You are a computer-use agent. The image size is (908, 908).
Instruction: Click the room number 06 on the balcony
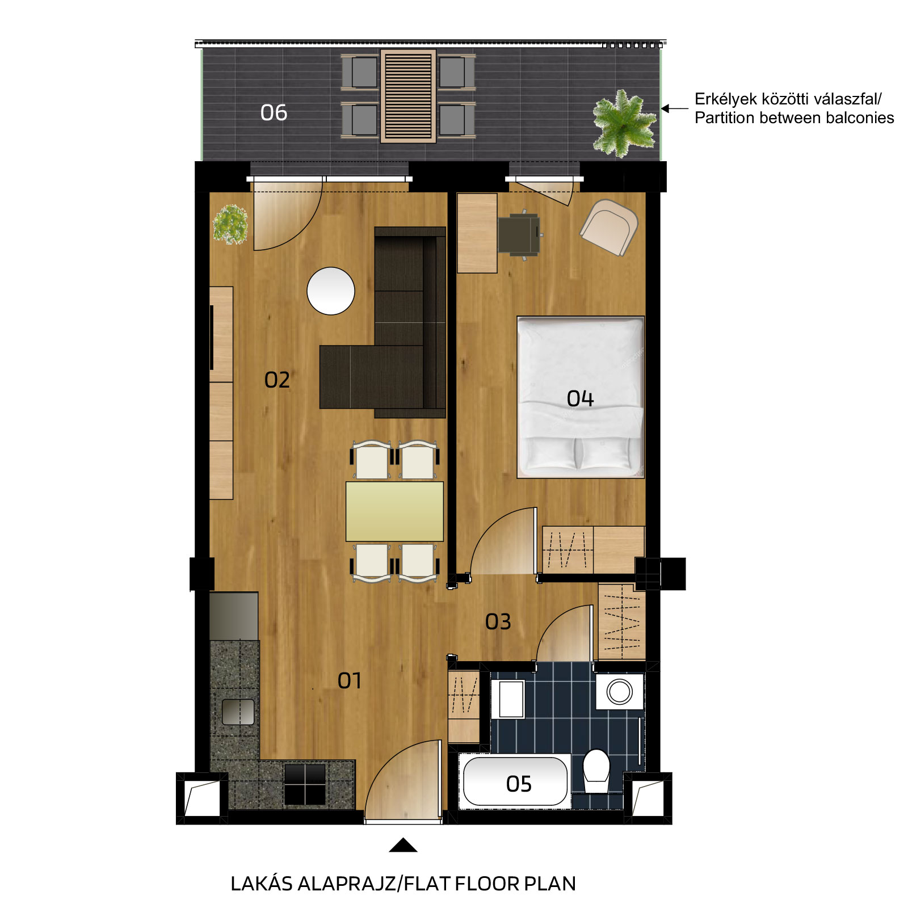[274, 112]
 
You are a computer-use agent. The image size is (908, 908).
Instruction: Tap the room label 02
[277, 380]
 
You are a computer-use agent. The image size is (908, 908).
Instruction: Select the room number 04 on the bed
[580, 398]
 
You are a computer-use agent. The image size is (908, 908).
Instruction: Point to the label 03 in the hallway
[498, 622]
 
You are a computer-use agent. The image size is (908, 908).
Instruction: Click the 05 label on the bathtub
[519, 784]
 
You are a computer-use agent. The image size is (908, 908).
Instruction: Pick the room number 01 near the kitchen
[349, 680]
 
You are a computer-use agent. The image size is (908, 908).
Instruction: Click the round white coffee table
[331, 291]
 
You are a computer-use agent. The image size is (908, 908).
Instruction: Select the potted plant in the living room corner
[230, 225]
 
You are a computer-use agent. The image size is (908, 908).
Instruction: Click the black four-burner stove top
[305, 784]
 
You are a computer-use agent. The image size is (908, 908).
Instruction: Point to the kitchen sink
[238, 712]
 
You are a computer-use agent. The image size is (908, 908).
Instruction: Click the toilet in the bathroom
[596, 771]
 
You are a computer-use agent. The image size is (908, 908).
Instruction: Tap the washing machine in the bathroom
[620, 692]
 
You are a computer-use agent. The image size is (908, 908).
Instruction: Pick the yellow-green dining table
[395, 511]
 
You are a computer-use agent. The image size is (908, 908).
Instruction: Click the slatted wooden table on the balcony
[408, 96]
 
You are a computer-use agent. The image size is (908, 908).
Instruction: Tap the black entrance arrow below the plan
[403, 845]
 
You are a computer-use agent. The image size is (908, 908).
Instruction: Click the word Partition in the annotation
[725, 118]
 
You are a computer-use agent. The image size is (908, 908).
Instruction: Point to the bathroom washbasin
[511, 699]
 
